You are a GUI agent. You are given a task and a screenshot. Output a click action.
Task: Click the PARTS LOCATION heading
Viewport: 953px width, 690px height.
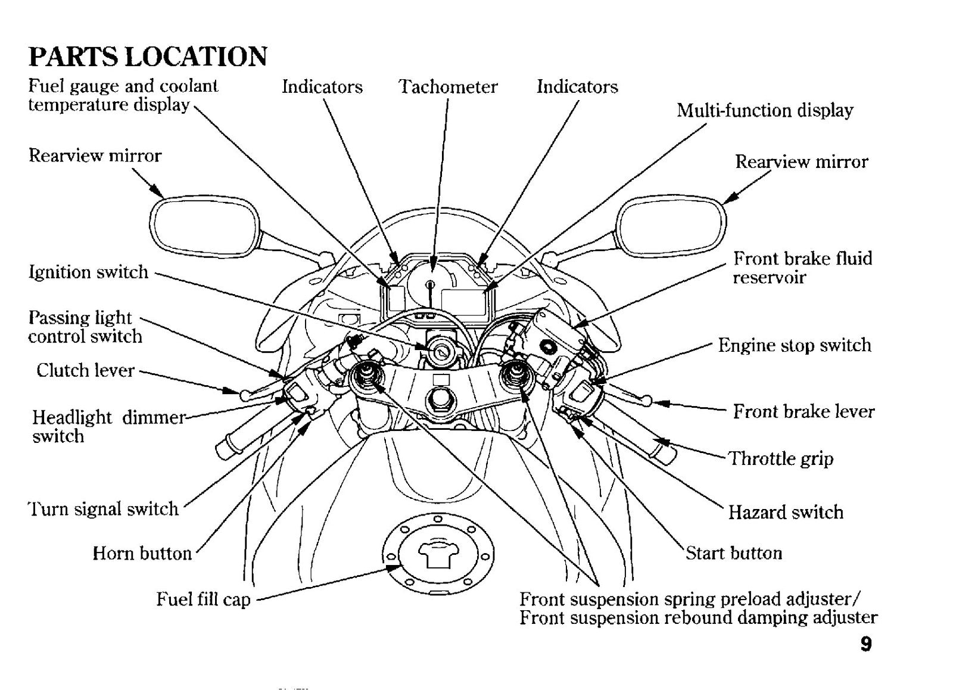(x=148, y=57)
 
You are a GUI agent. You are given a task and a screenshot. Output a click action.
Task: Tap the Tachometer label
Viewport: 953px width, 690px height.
(x=448, y=87)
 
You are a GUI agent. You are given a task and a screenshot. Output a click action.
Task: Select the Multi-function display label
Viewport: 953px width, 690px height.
(x=765, y=111)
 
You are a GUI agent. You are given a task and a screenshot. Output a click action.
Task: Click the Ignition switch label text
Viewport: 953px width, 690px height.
(x=89, y=272)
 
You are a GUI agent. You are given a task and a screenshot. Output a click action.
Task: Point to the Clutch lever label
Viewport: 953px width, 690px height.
(x=86, y=370)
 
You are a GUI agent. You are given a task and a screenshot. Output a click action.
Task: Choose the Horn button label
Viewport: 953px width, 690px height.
(x=142, y=554)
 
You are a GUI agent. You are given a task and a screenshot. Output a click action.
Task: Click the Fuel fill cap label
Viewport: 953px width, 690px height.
(x=203, y=600)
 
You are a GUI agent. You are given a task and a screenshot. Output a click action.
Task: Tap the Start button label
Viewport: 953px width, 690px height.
(x=734, y=553)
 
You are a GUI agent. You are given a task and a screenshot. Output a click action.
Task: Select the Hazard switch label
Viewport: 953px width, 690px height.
(x=786, y=513)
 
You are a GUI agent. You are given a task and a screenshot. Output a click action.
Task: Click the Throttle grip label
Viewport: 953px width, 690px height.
(x=781, y=459)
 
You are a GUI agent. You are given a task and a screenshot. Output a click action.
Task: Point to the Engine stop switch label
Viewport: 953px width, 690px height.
(x=795, y=345)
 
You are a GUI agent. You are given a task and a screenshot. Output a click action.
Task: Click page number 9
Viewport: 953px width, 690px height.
(x=866, y=644)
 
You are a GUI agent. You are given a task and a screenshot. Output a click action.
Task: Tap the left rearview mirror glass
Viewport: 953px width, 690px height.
(x=205, y=227)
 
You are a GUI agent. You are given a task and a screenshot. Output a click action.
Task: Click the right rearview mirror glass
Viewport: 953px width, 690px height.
(x=671, y=226)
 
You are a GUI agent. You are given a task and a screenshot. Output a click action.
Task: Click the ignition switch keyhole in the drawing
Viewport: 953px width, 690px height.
(x=438, y=352)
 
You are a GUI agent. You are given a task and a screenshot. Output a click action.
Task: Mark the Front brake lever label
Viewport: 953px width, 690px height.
(x=803, y=411)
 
